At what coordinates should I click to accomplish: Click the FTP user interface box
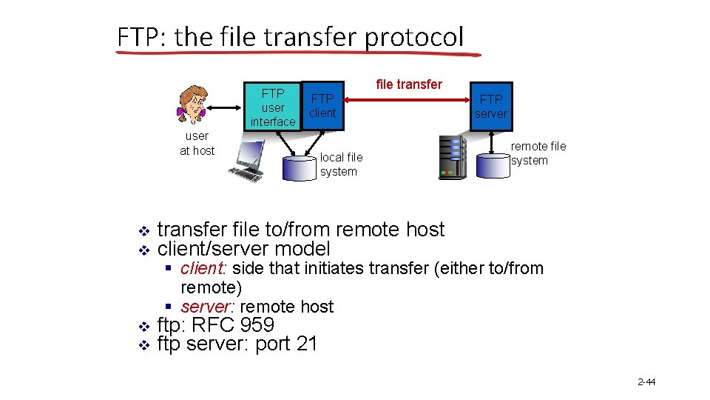[272, 107]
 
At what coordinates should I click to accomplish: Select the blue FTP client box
[322, 105]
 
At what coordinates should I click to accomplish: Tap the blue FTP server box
[491, 106]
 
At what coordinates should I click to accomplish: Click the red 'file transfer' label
[409, 84]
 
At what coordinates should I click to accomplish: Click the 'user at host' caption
[197, 143]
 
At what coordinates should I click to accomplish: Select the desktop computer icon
[247, 162]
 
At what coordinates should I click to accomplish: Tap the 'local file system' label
[341, 164]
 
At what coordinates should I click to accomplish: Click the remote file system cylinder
[493, 164]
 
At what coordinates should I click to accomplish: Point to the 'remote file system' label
[538, 153]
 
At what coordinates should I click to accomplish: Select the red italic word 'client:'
[204, 268]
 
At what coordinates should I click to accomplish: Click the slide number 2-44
[646, 382]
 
